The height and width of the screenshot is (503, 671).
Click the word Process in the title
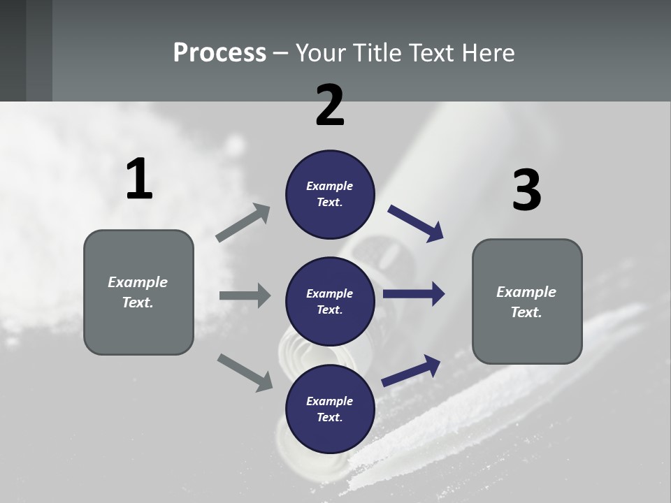(x=219, y=53)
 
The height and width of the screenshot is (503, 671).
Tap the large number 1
(x=139, y=180)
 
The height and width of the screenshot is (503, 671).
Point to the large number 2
(x=330, y=105)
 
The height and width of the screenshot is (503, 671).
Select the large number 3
(x=526, y=191)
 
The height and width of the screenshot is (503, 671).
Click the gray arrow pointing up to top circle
(x=243, y=223)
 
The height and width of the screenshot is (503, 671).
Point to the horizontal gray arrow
(x=244, y=296)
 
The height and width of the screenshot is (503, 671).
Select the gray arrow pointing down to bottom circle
(x=245, y=372)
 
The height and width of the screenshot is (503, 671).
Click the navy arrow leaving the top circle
(x=416, y=224)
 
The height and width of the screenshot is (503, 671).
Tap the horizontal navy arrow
(x=413, y=295)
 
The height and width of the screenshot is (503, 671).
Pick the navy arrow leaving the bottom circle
(x=411, y=370)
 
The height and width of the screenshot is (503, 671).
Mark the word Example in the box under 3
(x=526, y=292)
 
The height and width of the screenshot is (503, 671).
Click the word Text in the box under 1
(x=136, y=302)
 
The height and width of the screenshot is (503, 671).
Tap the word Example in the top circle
(x=330, y=186)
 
